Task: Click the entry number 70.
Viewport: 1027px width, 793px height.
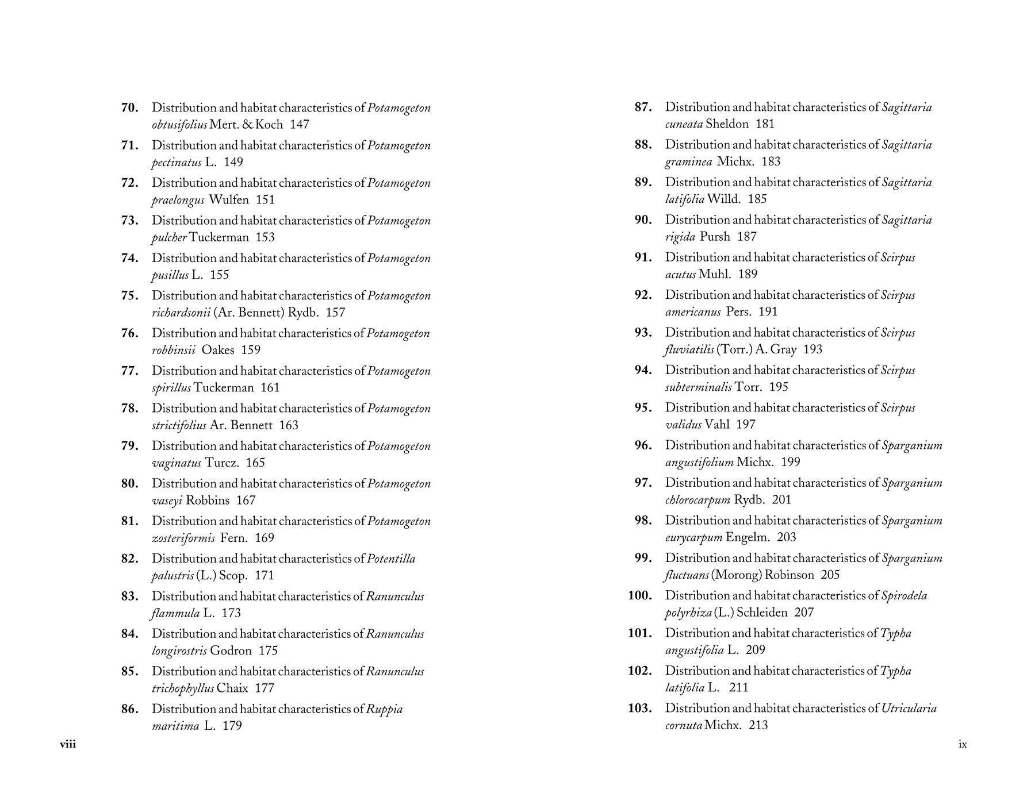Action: tap(130, 108)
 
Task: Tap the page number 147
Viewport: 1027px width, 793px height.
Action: tap(300, 125)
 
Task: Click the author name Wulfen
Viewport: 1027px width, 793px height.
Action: tap(229, 200)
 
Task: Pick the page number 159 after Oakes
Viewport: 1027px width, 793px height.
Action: tap(251, 350)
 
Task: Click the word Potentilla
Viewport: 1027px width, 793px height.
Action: tap(391, 559)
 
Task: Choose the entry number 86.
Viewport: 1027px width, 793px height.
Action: tap(130, 709)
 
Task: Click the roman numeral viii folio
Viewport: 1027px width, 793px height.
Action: tap(68, 745)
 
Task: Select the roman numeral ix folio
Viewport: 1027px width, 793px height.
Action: tap(963, 745)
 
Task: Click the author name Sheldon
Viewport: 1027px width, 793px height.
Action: tap(727, 124)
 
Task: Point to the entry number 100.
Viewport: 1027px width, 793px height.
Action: tap(639, 596)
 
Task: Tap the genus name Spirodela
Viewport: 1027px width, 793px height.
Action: tap(904, 596)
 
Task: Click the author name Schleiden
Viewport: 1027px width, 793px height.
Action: tap(762, 613)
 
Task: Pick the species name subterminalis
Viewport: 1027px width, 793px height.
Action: tap(698, 387)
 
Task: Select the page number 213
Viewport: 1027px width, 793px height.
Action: tap(758, 725)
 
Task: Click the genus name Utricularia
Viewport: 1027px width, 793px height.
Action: tap(909, 709)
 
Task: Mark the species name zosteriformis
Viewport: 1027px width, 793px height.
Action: tap(183, 538)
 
